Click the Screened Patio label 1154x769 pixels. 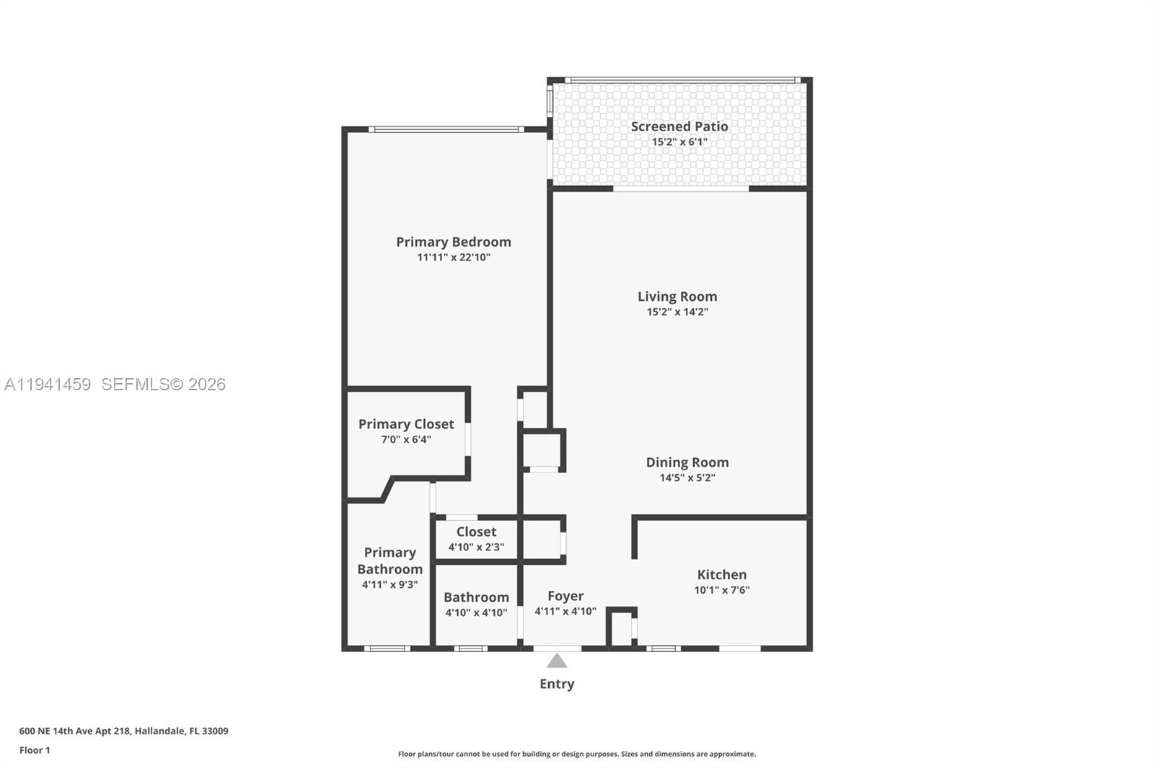(679, 126)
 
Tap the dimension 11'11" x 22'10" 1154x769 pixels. (454, 258)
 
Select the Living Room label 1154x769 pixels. (677, 296)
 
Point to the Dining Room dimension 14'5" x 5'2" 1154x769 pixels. (687, 478)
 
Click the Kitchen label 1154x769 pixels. (721, 574)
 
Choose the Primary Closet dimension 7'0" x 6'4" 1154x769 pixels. (406, 439)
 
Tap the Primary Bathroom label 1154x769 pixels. (389, 561)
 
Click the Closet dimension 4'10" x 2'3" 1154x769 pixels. (476, 547)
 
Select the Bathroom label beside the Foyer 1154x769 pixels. (476, 597)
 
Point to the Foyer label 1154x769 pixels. (565, 596)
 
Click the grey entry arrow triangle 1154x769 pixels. (557, 661)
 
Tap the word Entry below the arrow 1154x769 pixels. (557, 684)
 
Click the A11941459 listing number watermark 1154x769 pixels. (48, 384)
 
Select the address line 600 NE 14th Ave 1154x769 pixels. (123, 731)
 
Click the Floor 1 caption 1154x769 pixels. (35, 750)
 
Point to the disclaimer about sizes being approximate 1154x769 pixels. (577, 754)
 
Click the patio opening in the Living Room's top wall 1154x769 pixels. (681, 189)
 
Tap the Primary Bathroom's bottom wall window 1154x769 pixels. (387, 649)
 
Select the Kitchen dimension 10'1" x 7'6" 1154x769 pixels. (721, 590)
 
